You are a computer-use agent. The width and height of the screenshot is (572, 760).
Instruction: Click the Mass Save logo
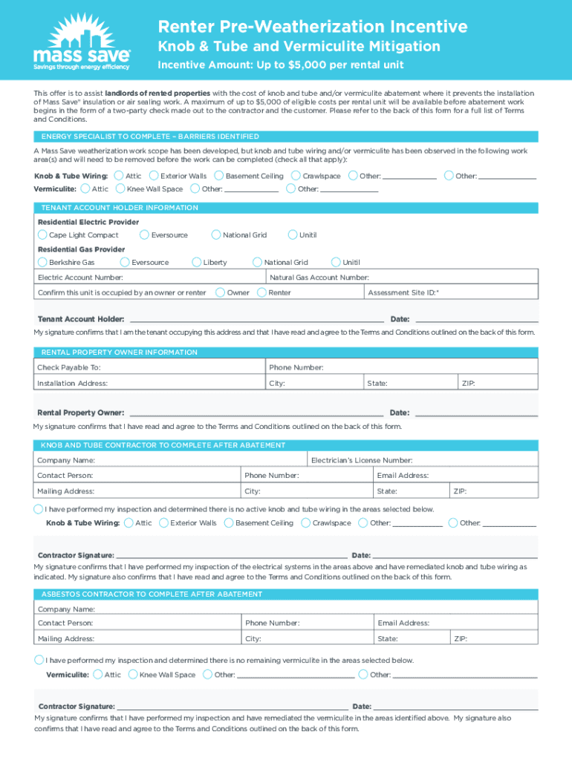point(81,40)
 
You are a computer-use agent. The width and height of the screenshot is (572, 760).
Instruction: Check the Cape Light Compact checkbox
point(43,235)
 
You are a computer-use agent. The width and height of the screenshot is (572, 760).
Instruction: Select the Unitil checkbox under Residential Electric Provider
point(293,235)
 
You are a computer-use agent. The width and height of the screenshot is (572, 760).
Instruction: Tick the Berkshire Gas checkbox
point(43,263)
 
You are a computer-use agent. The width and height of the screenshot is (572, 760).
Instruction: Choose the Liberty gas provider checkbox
point(197,263)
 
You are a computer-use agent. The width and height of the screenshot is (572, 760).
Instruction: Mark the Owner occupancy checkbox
point(220,292)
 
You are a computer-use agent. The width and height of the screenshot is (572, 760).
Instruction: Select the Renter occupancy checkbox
point(261,292)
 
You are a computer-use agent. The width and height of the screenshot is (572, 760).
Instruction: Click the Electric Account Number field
point(193,278)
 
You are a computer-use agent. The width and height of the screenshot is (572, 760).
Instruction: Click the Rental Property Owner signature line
point(256,412)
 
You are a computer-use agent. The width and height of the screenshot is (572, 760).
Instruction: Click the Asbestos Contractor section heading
point(152,594)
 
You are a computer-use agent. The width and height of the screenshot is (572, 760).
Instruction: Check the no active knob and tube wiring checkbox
point(39,509)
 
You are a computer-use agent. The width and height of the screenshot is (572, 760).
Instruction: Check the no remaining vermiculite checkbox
point(39,660)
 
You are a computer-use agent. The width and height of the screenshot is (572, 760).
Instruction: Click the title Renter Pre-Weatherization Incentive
point(312,27)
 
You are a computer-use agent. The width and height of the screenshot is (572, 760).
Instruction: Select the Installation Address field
point(186,384)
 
